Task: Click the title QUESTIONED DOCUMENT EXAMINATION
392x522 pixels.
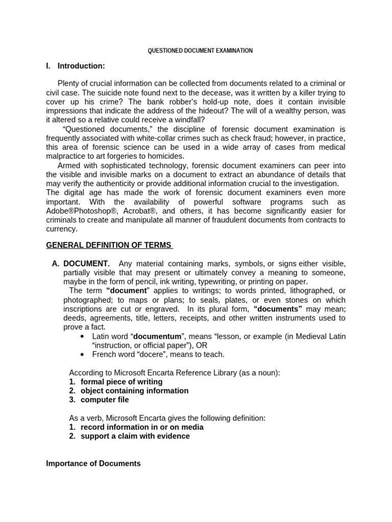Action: click(200, 50)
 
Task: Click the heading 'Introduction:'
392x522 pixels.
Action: click(81, 66)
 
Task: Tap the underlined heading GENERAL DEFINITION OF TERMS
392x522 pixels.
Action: click(109, 245)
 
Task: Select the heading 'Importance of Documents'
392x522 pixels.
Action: click(93, 463)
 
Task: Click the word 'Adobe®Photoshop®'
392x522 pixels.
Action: click(78, 211)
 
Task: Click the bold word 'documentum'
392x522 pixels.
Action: click(157, 336)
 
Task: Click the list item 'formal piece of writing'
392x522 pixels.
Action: click(121, 381)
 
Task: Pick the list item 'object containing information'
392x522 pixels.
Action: click(134, 390)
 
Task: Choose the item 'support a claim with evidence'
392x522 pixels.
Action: click(135, 436)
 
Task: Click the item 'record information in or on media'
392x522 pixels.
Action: click(142, 427)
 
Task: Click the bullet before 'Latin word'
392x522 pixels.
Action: click(83, 336)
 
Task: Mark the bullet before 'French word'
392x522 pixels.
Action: click(83, 354)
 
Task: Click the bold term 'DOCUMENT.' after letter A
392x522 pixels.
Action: click(86, 264)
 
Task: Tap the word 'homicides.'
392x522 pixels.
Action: click(163, 156)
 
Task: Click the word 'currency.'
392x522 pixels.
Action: click(62, 229)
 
